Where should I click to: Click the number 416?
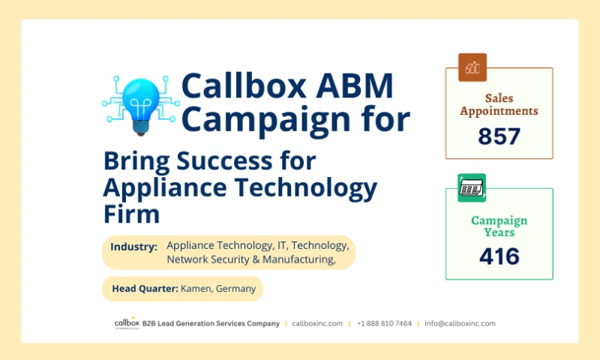coord(499,256)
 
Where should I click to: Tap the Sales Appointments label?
coord(499,104)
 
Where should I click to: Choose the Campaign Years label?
coord(499,226)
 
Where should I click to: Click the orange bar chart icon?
coord(472,67)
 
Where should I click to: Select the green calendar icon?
coord(472,187)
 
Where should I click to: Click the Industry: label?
coord(133,247)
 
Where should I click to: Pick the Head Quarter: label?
coord(145,289)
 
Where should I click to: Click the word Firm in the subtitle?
coord(131,214)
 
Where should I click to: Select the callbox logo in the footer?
coord(125,322)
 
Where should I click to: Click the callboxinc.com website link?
coord(317,323)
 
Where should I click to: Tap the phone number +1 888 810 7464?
coord(384,323)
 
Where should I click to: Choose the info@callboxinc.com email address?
coord(460,323)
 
